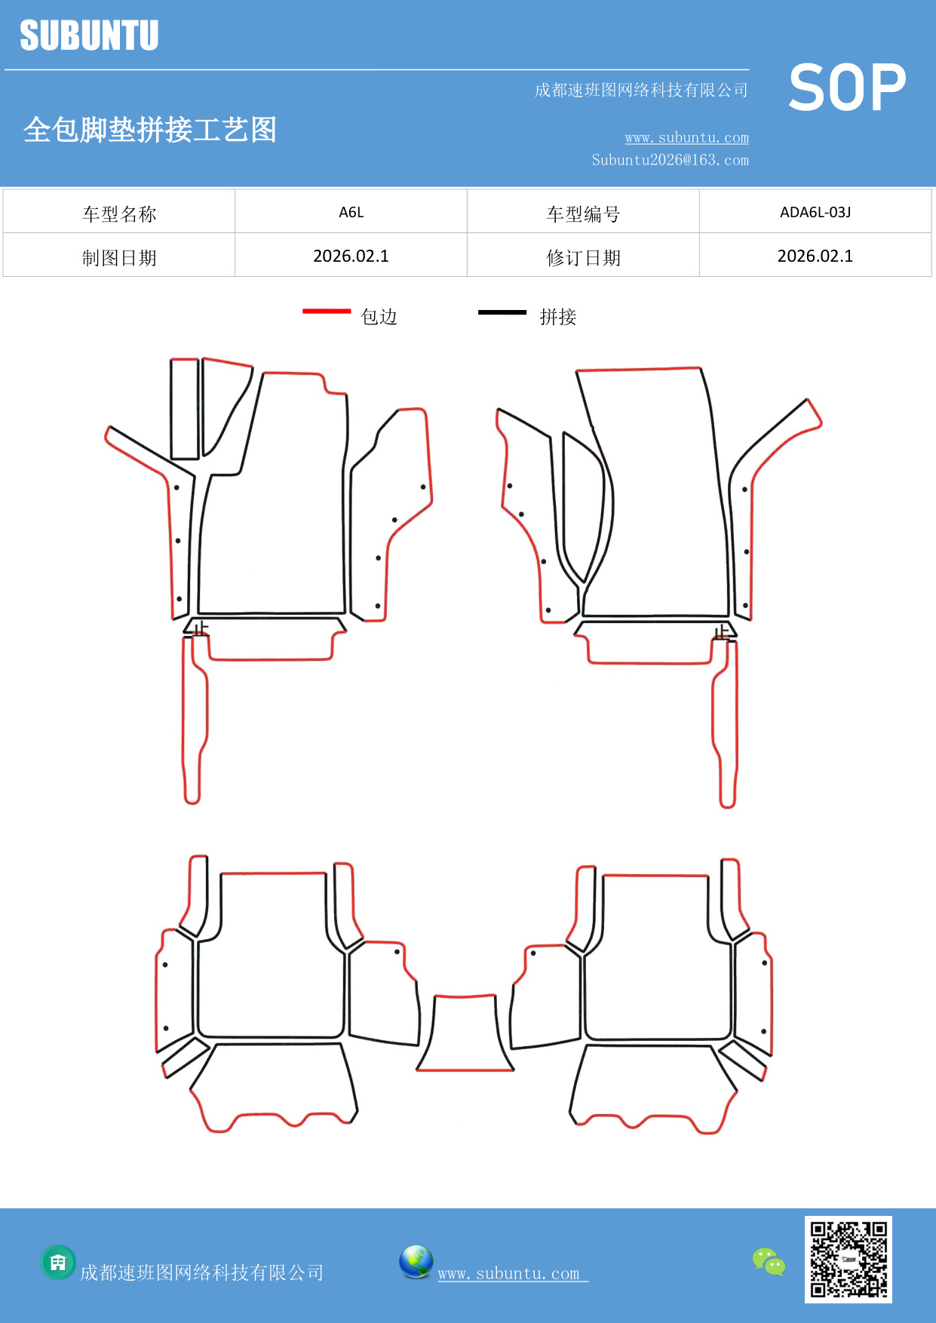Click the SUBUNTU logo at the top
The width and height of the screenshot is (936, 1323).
tap(89, 35)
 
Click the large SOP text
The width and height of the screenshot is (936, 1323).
tap(847, 88)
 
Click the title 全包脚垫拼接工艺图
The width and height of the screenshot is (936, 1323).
tap(149, 130)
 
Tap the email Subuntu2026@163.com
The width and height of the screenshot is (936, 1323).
tap(670, 160)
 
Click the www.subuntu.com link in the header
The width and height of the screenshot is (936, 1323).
tap(686, 138)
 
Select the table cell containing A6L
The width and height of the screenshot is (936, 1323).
tap(351, 212)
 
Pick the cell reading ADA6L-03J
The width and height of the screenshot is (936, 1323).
tap(815, 212)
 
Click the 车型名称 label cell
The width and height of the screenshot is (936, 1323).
tap(119, 214)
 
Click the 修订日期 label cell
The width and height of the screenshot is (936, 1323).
tap(583, 258)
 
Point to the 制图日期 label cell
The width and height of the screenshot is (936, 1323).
tap(119, 258)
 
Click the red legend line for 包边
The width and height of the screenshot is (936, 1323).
tap(327, 311)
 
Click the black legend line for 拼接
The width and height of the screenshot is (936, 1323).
tap(502, 312)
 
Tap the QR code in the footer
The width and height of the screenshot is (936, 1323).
tap(848, 1259)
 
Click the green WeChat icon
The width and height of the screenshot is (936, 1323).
tap(769, 1261)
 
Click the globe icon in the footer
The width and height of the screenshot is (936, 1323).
tap(416, 1261)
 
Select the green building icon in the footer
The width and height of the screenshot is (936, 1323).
tap(58, 1262)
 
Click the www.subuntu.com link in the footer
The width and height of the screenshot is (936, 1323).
tap(509, 1273)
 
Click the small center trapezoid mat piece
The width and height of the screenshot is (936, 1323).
tap(465, 1033)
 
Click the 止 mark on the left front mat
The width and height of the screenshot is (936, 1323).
tap(200, 628)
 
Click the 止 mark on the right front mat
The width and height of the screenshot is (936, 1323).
tap(723, 631)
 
